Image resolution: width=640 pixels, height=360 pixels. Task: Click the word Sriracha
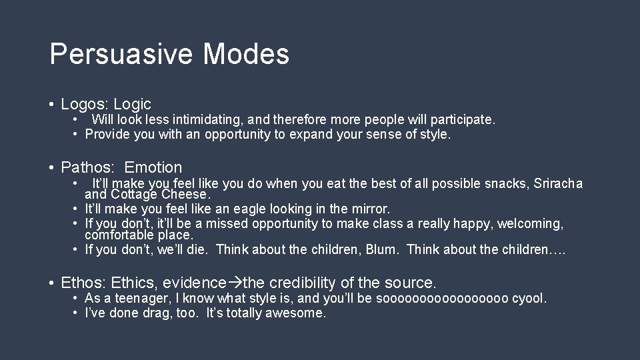[558, 183]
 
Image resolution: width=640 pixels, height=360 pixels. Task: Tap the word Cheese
[183, 195]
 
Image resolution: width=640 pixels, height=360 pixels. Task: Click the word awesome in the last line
[295, 313]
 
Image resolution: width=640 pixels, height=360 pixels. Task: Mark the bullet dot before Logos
[51, 105]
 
